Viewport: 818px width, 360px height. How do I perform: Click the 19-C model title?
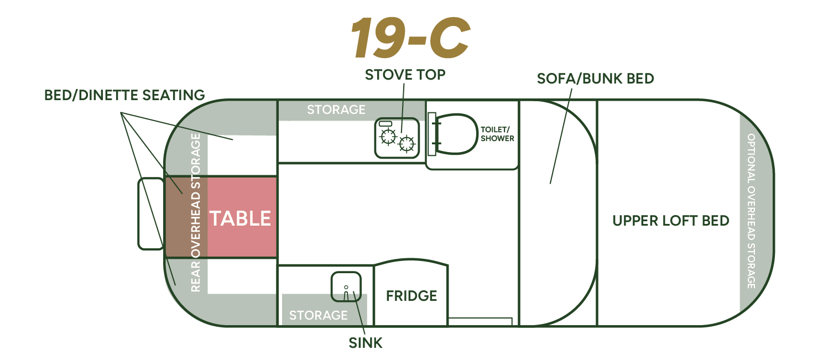(410, 37)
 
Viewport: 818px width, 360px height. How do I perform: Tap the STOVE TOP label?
(405, 75)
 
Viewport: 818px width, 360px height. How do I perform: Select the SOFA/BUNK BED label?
(595, 79)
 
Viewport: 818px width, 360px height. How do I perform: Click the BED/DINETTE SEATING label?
(124, 95)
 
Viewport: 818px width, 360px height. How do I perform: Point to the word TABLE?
(240, 218)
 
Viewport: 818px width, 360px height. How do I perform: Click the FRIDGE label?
(411, 296)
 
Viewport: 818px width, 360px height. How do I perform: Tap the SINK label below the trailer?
(365, 343)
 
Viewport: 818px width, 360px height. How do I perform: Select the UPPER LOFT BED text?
(671, 221)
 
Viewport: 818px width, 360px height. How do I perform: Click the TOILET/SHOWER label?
(497, 134)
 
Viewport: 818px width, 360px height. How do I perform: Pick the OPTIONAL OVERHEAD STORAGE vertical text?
(751, 211)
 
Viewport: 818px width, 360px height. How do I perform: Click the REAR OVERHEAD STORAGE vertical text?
(196, 212)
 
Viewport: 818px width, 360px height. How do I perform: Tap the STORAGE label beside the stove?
(336, 109)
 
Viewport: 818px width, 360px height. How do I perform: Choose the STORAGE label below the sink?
(318, 315)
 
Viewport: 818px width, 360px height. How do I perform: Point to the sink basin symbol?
(346, 286)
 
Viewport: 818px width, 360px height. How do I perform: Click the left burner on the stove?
(388, 137)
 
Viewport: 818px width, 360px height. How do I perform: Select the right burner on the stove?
(407, 143)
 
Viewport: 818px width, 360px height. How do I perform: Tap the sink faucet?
(346, 293)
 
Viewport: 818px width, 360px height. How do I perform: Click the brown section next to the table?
(186, 217)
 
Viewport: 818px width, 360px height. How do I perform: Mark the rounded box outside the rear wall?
(150, 213)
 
